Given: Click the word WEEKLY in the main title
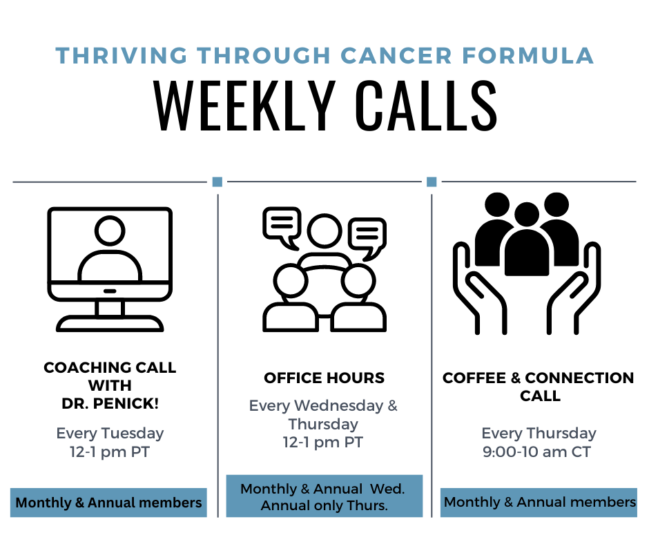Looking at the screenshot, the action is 244,106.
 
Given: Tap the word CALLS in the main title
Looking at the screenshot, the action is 426,106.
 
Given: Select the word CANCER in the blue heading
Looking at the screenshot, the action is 396,56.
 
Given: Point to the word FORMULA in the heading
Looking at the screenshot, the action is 528,56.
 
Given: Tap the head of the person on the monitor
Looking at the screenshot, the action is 110,230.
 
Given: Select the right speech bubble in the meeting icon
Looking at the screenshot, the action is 367,238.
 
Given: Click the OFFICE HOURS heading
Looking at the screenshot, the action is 324,378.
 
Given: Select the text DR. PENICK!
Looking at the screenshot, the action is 110,404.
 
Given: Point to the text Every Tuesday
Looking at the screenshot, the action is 110,434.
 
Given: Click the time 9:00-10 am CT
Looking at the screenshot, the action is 537,451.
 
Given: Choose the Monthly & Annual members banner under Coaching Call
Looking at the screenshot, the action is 108,503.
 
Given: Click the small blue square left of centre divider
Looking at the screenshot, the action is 217,182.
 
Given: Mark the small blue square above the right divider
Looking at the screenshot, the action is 432,182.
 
